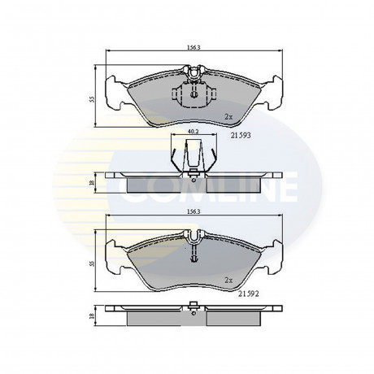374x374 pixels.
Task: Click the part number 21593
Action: [241, 135]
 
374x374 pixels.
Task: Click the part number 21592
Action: [249, 294]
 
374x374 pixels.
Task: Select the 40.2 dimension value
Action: [194, 131]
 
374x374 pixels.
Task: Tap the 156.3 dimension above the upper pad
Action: [194, 47]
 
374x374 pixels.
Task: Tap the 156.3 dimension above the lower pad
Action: [194, 212]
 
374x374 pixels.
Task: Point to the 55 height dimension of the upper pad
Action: [93, 99]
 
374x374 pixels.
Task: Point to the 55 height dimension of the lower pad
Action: [93, 263]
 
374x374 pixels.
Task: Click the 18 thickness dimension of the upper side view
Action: [93, 183]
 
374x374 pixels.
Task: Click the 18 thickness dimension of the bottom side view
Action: [93, 315]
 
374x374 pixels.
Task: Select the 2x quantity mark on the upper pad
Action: [228, 117]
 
